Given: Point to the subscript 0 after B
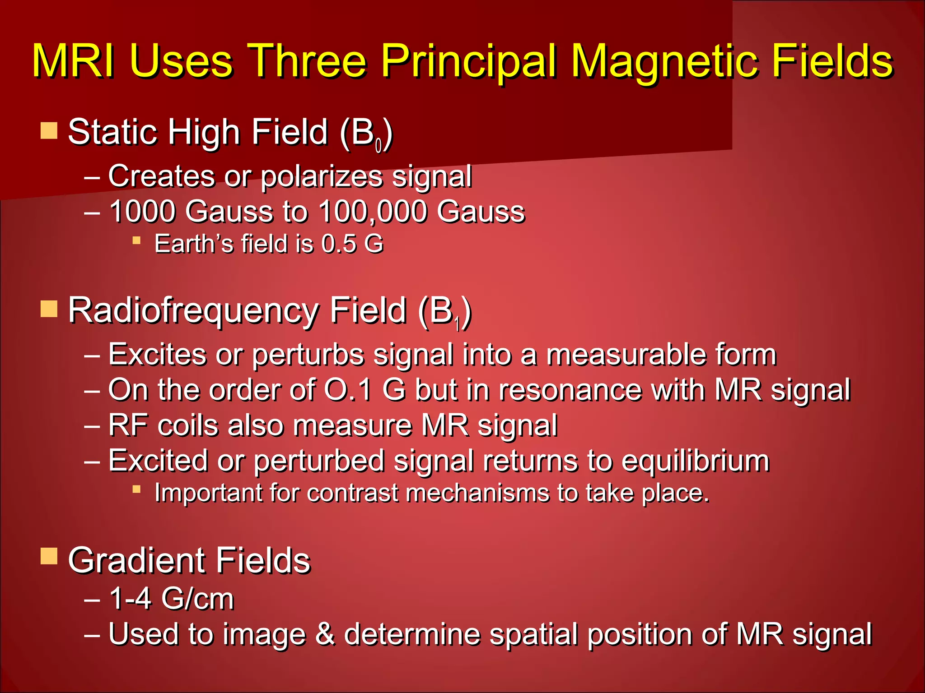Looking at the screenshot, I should (x=378, y=145).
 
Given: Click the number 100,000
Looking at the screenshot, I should (x=373, y=211).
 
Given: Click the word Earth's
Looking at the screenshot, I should (x=194, y=244).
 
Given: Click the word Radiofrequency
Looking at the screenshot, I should (x=193, y=310).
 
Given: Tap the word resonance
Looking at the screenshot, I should (x=570, y=389).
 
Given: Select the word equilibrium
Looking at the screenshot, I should (x=695, y=461).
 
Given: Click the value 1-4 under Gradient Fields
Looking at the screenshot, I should (x=130, y=599).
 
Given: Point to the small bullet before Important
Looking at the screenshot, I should (x=136, y=489).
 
